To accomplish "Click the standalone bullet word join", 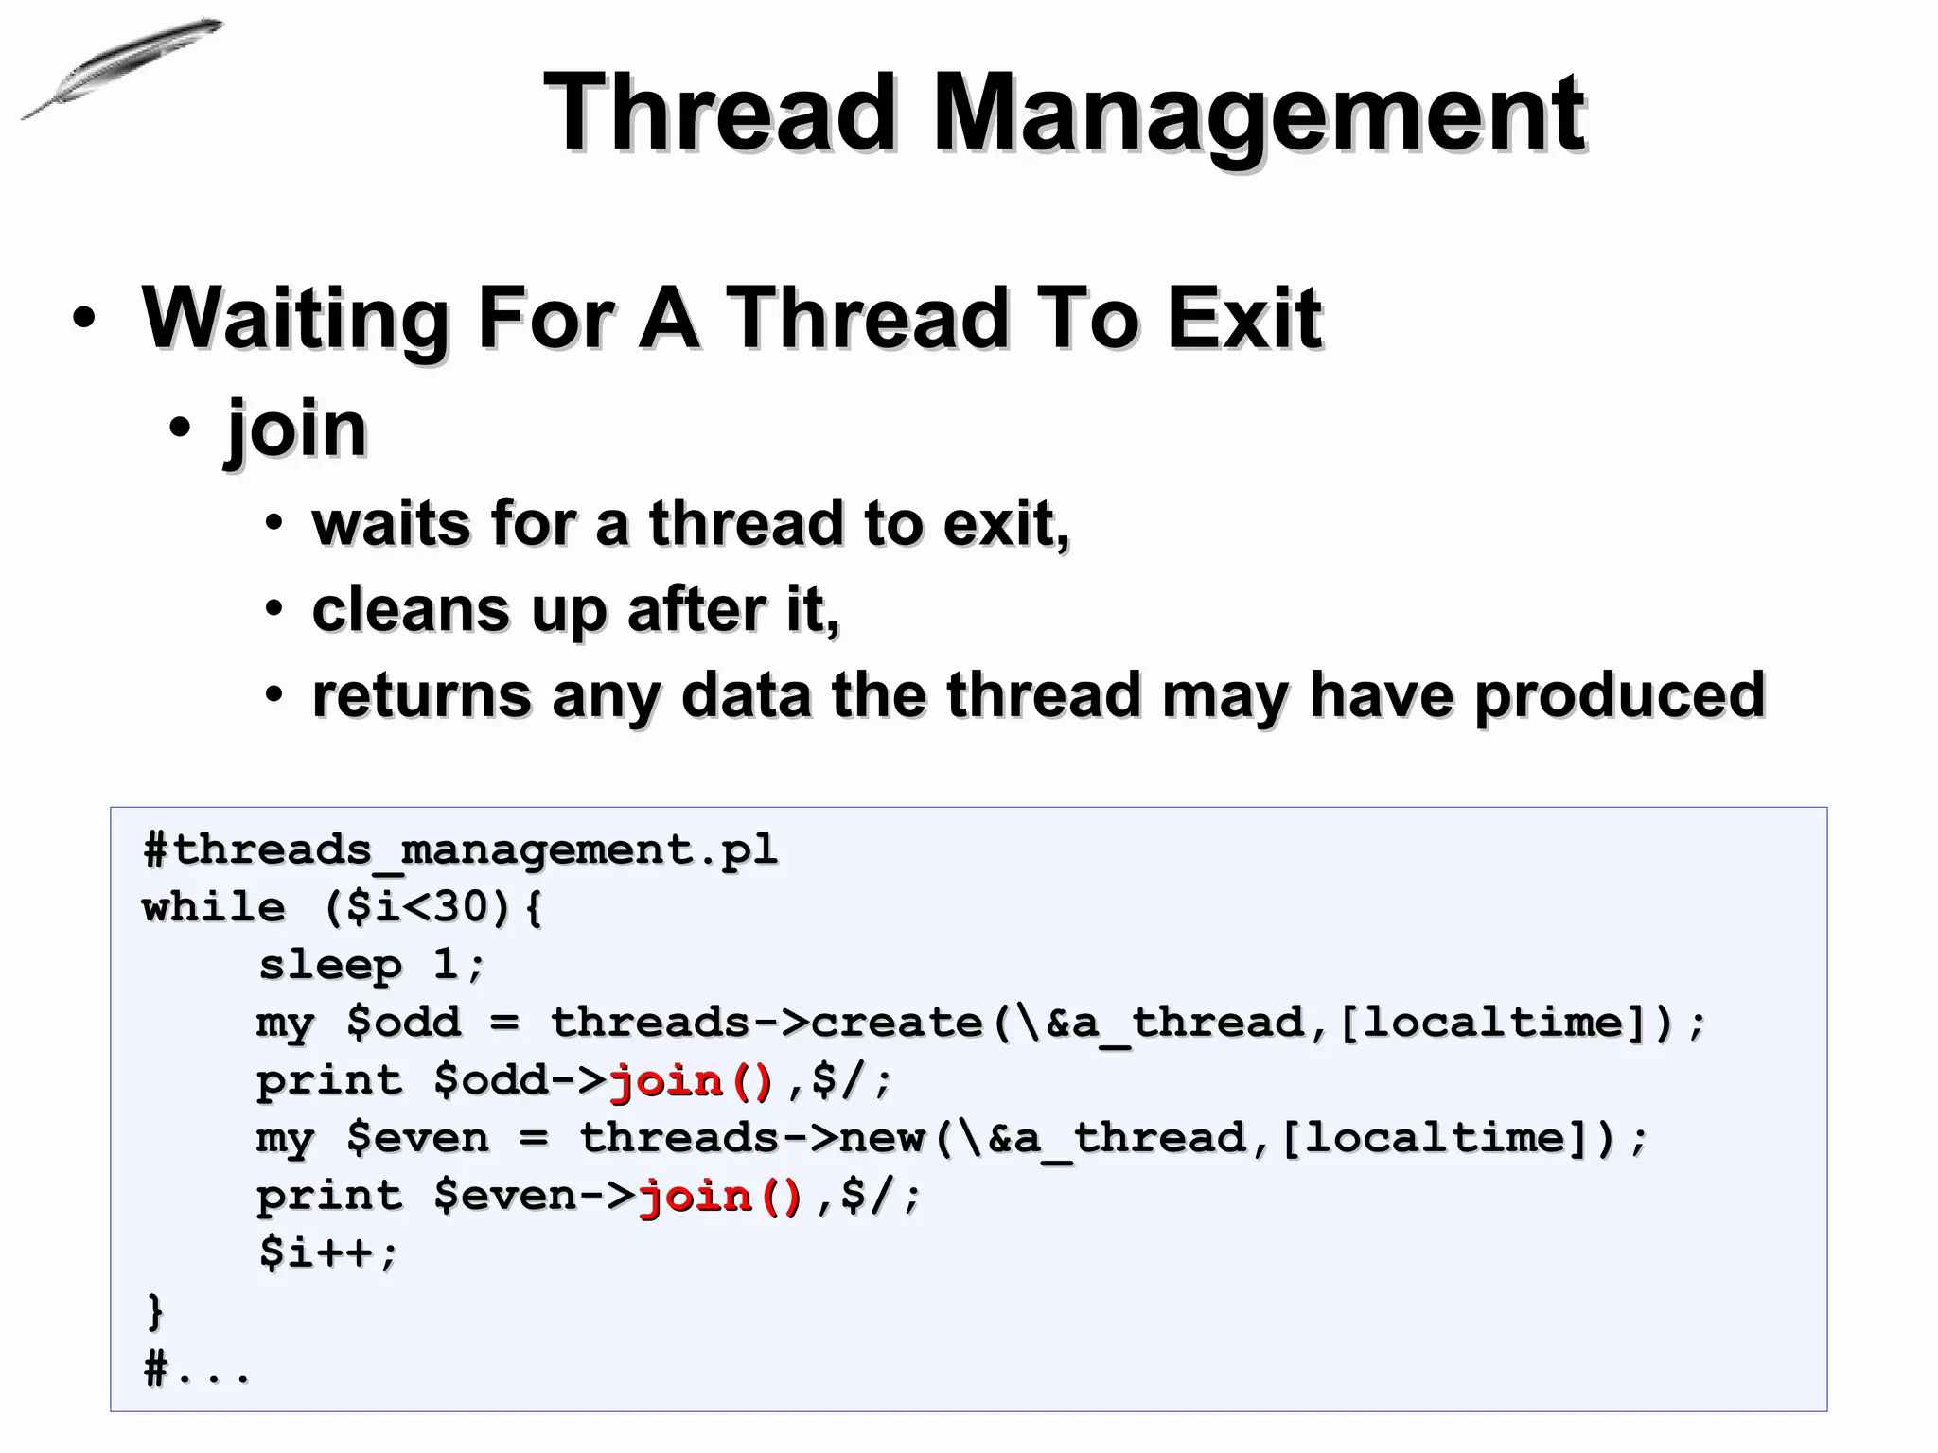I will click(296, 429).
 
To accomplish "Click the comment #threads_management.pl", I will click(460, 849).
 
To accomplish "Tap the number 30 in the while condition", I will click(463, 907).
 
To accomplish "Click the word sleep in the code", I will click(330, 965).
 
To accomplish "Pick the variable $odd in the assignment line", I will click(404, 1023).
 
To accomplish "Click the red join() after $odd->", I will click(692, 1080).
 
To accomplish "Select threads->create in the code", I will click(766, 1023).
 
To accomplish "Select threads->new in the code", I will click(752, 1138).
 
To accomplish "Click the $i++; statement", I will click(329, 1253).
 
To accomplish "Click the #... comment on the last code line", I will click(197, 1369).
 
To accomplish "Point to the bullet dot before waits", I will click(273, 523).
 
